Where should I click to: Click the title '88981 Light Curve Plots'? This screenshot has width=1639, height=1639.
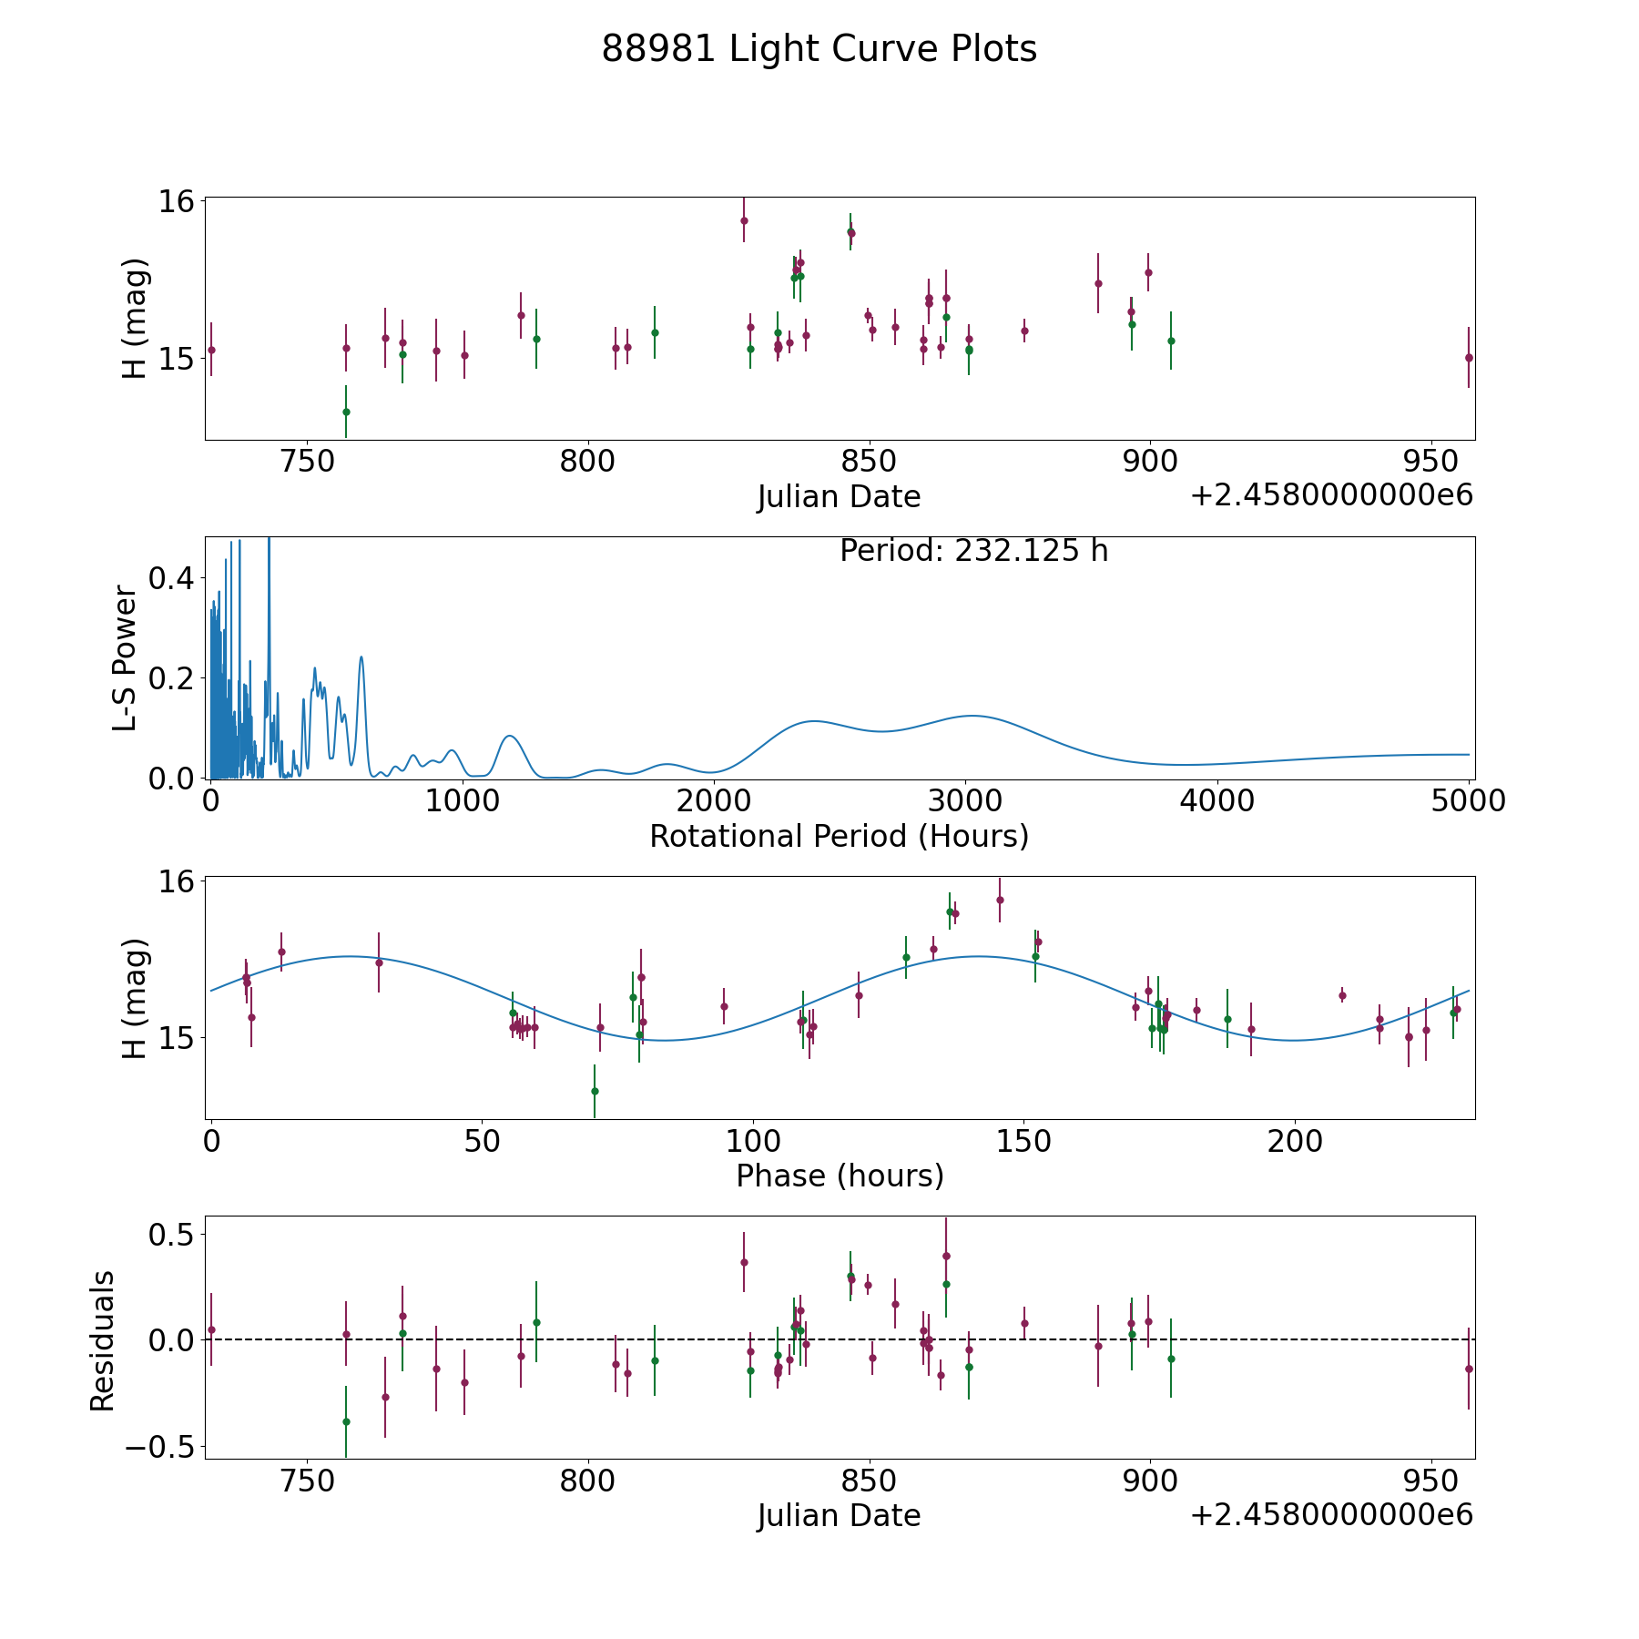[819, 49]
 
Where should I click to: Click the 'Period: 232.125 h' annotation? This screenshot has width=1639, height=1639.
[973, 551]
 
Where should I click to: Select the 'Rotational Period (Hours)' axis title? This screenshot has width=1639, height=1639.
[839, 836]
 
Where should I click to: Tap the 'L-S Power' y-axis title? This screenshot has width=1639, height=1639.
[125, 658]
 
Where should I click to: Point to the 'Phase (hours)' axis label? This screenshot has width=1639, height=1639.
[840, 1176]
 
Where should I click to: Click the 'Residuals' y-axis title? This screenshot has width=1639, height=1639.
[102, 1340]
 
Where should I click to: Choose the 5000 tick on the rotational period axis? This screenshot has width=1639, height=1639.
[1469, 801]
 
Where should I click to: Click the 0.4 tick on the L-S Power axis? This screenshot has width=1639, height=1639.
[172, 577]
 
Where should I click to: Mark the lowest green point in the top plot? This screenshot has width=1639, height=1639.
[346, 412]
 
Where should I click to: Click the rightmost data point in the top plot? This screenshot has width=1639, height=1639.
[1469, 358]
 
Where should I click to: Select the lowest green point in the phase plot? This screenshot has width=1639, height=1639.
[595, 1091]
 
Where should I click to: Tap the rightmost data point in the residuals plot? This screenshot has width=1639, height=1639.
[1469, 1369]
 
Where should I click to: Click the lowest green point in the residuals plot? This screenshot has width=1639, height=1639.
[346, 1421]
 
